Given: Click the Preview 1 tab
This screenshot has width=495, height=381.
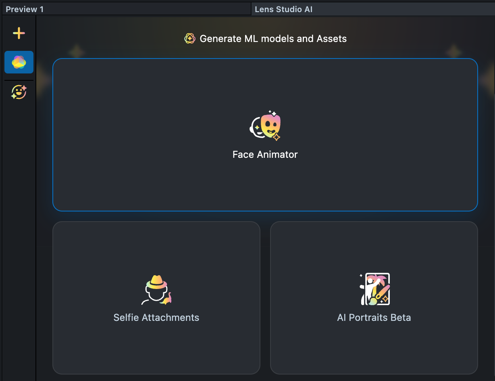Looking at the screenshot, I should click(x=25, y=9).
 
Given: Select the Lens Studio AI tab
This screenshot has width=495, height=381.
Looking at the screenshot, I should click(x=283, y=9).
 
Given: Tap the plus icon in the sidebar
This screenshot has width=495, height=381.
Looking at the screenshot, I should click(x=19, y=33).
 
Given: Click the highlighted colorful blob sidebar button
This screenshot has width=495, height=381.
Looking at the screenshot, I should click(x=19, y=62).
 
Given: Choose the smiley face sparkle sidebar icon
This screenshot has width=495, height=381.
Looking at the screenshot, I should click(x=19, y=92).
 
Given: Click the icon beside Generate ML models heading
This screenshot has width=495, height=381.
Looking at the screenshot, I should click(x=190, y=39).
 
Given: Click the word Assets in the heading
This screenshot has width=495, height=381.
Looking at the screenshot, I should click(x=331, y=39).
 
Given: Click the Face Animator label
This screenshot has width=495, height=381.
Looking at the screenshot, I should click(x=265, y=155).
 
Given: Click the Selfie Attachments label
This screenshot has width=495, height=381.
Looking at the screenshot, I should click(x=156, y=318).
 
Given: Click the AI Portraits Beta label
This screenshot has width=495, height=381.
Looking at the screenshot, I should click(x=374, y=318).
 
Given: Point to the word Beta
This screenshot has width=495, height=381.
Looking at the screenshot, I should click(x=400, y=318).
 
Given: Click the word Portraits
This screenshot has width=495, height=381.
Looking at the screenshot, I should click(x=368, y=318).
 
